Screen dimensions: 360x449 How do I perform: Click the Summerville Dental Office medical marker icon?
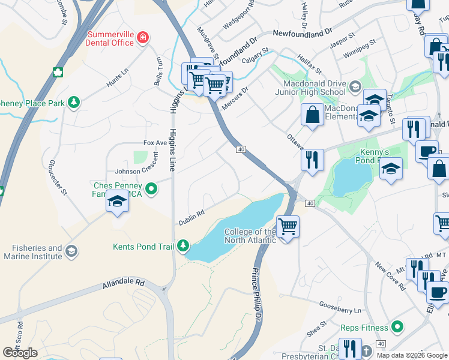tap(143, 38)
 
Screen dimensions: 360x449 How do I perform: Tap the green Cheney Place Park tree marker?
tap(74, 103)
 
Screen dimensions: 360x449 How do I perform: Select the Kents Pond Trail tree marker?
tap(182, 246)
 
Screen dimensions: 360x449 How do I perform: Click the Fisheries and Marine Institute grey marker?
tap(71, 251)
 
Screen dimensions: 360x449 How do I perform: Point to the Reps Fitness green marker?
tap(396, 327)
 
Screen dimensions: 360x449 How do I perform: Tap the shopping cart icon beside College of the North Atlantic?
tap(288, 227)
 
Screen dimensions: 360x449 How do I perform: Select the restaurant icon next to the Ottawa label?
tap(312, 159)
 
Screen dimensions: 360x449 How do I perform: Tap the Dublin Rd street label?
tap(191, 217)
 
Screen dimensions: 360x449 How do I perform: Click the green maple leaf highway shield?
tap(58, 73)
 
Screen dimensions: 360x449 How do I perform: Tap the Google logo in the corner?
tap(20, 353)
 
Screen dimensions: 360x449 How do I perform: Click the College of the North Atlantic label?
tap(250, 236)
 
